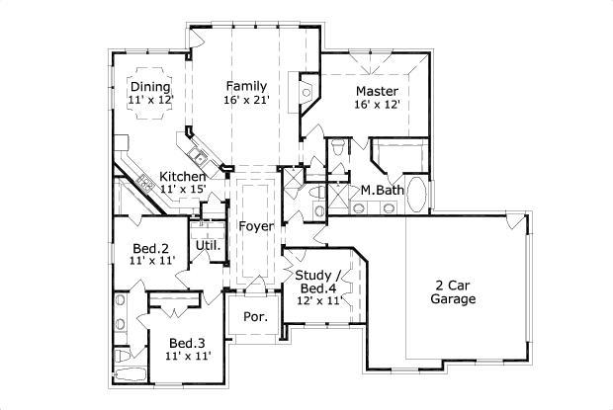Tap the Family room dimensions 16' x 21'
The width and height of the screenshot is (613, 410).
click(246, 100)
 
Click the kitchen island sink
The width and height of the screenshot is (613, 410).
click(199, 157)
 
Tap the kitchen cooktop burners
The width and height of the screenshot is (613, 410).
click(144, 181)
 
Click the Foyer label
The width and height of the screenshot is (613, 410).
click(255, 225)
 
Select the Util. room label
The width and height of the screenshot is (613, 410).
click(207, 244)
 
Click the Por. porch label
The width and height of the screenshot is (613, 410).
click(255, 318)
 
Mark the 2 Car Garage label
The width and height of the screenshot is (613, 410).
click(454, 290)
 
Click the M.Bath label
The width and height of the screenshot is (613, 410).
click(379, 189)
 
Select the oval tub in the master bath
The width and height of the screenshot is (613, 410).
click(419, 195)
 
